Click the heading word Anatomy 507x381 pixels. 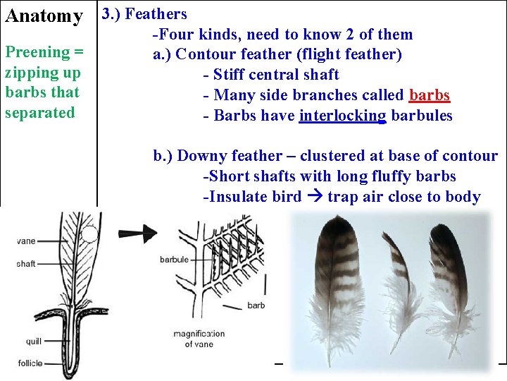point(44,16)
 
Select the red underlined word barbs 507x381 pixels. point(429,95)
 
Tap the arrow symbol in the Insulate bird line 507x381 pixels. point(314,197)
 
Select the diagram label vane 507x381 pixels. point(26,241)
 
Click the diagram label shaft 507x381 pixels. point(26,263)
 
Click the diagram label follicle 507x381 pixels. point(30,363)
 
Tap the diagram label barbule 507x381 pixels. point(174,260)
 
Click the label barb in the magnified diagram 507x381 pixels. point(256,306)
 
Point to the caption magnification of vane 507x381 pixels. point(199,339)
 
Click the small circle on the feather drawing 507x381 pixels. point(89,234)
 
